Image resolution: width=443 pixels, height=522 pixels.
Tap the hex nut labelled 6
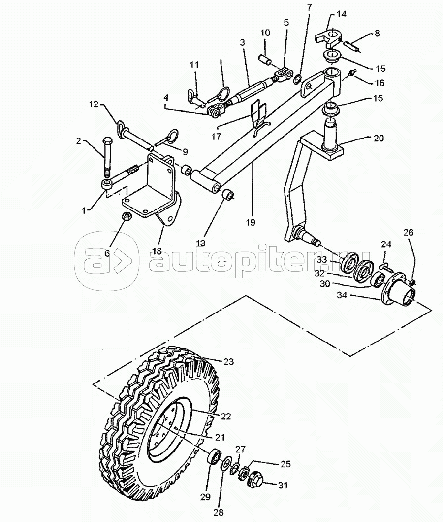coord(127,216)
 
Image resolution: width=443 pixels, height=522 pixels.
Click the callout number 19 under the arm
coord(251,222)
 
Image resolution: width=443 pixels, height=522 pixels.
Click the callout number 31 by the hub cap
coord(283,486)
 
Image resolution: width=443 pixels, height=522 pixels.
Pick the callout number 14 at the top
coord(341,14)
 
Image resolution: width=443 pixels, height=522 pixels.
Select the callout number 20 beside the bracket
coord(378,138)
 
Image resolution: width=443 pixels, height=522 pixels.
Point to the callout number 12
coord(94,104)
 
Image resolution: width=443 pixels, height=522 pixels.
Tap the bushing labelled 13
coord(228,194)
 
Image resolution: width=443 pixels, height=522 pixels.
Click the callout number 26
coord(409,232)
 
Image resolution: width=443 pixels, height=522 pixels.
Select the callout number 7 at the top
coord(310,7)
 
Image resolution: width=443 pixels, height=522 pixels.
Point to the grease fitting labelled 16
coord(352,73)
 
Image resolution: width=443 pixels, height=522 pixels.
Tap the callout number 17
coord(217,136)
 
